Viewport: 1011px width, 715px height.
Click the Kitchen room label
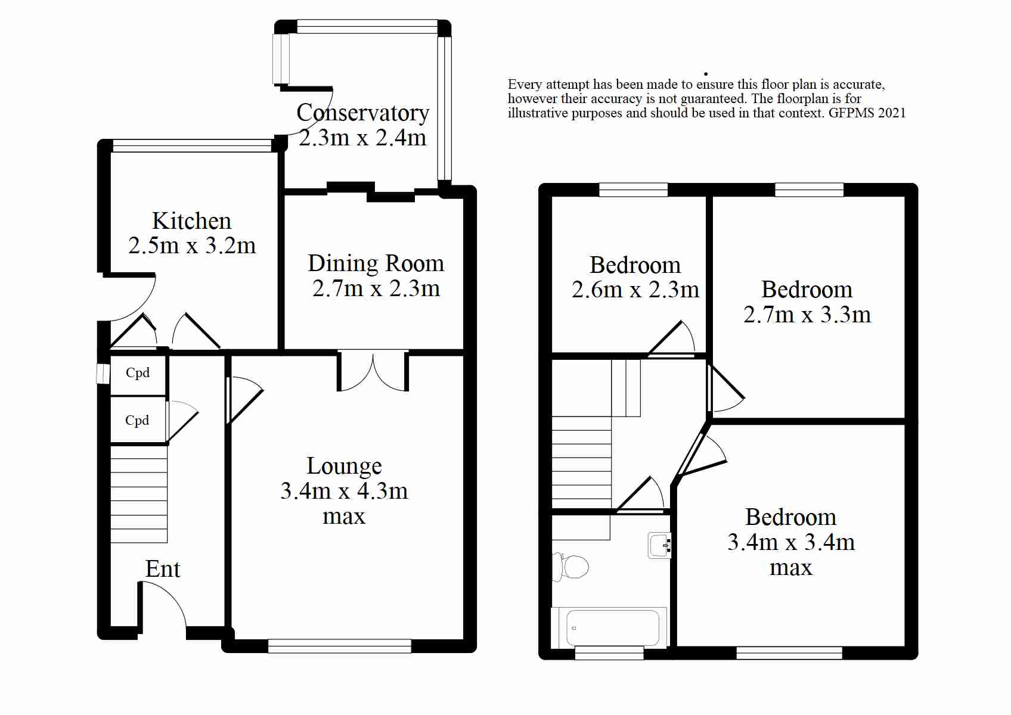click(191, 221)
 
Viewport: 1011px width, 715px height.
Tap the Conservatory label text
click(363, 113)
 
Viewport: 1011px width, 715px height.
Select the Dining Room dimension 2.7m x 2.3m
click(376, 289)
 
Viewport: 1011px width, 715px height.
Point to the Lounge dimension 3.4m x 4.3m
click(344, 491)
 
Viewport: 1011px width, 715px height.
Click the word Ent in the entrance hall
click(163, 569)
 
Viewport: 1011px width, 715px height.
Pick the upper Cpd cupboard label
click(138, 372)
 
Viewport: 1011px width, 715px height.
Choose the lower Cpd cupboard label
click(137, 421)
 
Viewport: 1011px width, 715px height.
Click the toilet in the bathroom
click(570, 567)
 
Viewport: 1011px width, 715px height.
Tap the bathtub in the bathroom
click(609, 628)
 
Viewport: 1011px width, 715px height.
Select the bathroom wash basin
click(659, 545)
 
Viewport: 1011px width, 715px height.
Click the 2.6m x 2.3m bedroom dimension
click(635, 290)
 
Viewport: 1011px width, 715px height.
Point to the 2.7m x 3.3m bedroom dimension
click(807, 315)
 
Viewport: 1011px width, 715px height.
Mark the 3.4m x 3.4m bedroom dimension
click(791, 542)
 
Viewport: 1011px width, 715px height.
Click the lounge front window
click(339, 646)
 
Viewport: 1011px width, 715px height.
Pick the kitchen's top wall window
click(192, 145)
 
